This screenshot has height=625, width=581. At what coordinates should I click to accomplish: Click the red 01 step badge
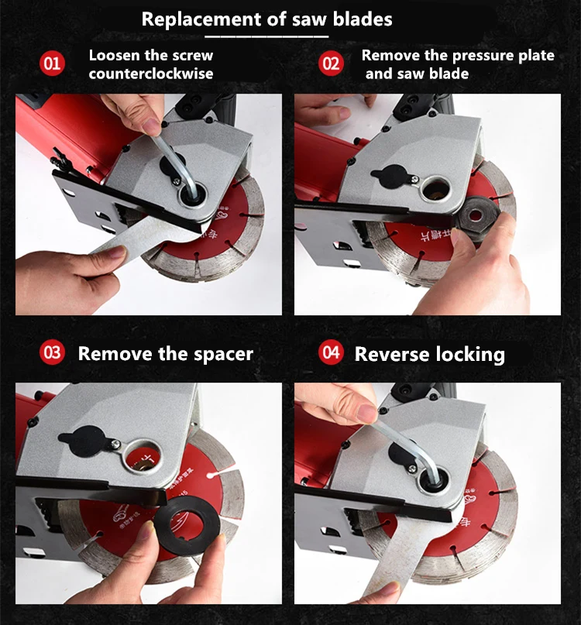pyautogui.click(x=52, y=64)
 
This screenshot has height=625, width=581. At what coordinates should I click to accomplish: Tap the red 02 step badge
pyautogui.click(x=331, y=64)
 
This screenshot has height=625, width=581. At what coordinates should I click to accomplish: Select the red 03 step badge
pyautogui.click(x=52, y=352)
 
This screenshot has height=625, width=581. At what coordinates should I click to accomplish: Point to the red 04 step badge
pyautogui.click(x=331, y=352)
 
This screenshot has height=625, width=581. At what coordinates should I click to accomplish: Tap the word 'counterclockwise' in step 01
pyautogui.click(x=151, y=74)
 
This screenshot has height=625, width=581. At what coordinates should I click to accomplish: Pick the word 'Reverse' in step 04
pyautogui.click(x=393, y=354)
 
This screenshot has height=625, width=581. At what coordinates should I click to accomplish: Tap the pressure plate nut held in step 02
pyautogui.click(x=476, y=217)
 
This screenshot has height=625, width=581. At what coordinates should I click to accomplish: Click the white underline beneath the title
pyautogui.click(x=266, y=36)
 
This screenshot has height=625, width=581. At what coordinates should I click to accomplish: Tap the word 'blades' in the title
pyautogui.click(x=363, y=19)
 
